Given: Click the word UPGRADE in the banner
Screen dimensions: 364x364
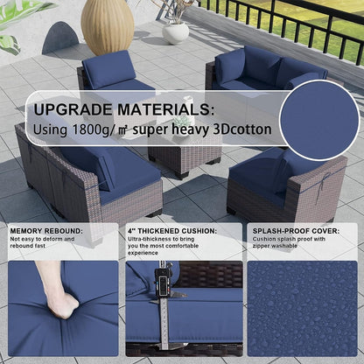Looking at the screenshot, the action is click(x=73, y=109).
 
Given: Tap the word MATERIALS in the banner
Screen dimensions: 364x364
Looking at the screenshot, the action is click(x=165, y=109).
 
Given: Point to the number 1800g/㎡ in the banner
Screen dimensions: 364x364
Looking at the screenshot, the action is click(x=100, y=129).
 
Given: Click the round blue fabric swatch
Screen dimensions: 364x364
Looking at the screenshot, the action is click(x=319, y=120).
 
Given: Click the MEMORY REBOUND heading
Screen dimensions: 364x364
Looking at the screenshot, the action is click(x=46, y=231).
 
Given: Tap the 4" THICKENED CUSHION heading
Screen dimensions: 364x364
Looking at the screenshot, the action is click(x=172, y=231).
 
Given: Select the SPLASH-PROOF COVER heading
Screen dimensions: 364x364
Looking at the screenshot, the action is click(x=296, y=231).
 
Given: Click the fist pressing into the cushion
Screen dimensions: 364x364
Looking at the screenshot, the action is click(x=63, y=304).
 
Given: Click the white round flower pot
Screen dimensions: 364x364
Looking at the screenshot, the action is click(x=175, y=32).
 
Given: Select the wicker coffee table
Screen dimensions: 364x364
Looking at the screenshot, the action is click(x=185, y=156).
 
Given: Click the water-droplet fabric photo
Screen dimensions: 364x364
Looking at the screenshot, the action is click(x=302, y=309).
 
